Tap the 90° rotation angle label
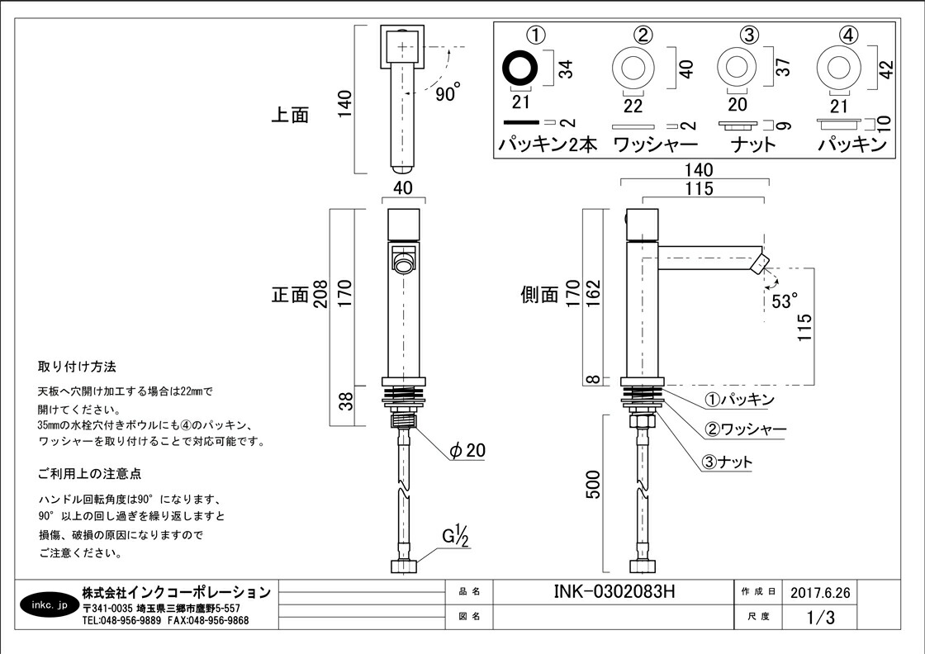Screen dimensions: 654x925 click(x=448, y=94)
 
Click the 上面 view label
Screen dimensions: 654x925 click(x=290, y=115)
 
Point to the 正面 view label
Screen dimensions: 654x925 click(x=290, y=295)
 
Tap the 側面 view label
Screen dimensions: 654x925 click(x=540, y=295)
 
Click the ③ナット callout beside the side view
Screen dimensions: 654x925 click(x=728, y=462)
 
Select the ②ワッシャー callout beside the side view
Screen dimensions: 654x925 click(x=744, y=430)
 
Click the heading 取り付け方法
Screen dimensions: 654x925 click(x=77, y=366)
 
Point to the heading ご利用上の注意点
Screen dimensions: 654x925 click(x=89, y=474)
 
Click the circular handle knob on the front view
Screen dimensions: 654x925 click(x=402, y=264)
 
